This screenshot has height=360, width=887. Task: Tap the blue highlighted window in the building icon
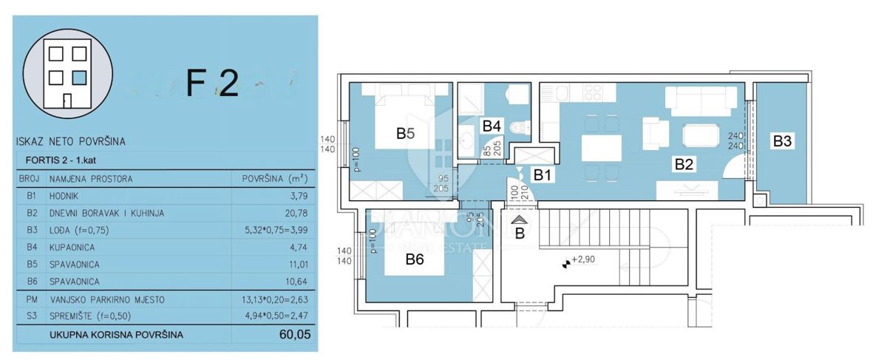click(x=80, y=76)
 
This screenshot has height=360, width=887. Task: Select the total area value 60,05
click(x=293, y=335)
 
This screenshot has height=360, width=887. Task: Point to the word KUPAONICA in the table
click(x=74, y=247)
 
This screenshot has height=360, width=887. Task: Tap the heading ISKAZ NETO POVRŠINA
click(x=69, y=140)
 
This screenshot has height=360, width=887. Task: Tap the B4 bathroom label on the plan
click(x=494, y=126)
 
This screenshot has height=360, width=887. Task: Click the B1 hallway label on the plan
click(x=543, y=176)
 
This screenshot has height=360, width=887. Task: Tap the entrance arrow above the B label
click(x=520, y=220)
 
